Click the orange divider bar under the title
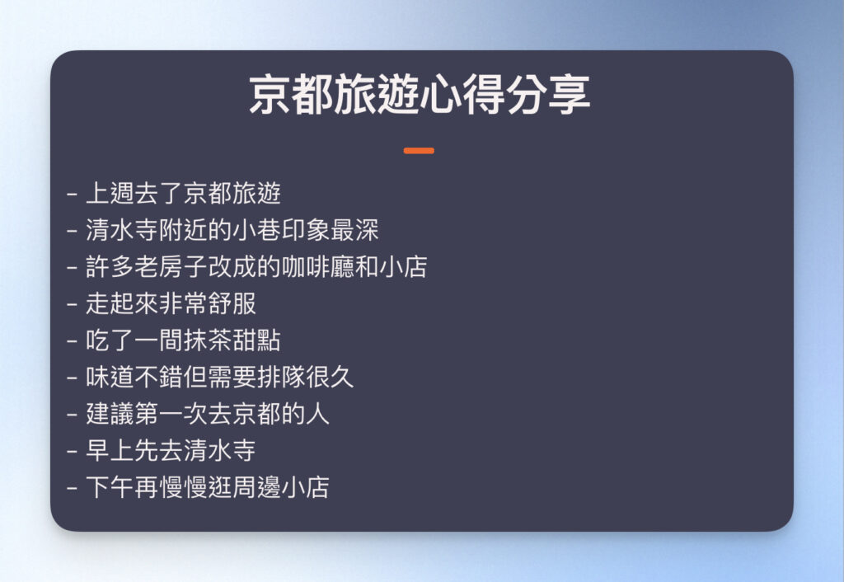tap(419, 151)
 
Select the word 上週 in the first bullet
tap(106, 194)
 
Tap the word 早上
tap(106, 450)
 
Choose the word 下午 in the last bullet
tap(106, 487)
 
